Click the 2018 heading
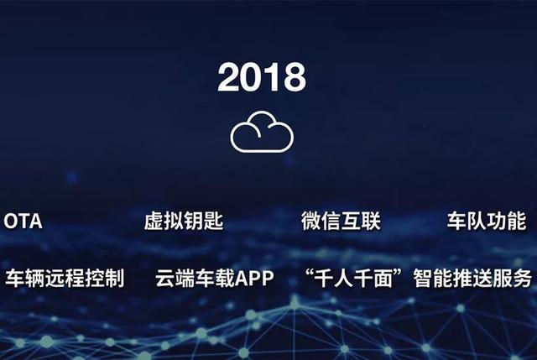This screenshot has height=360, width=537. click(262, 78)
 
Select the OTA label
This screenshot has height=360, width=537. click(23, 222)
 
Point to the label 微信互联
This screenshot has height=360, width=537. click(341, 222)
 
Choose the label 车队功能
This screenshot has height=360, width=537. click(487, 222)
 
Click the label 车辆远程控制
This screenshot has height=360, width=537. click(65, 278)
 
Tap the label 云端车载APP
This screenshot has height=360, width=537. click(215, 278)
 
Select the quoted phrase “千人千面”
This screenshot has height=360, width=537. click(357, 278)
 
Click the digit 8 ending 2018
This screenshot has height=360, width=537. click(294, 78)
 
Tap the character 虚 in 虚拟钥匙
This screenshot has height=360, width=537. click(154, 222)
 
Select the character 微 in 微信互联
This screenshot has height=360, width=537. click(311, 222)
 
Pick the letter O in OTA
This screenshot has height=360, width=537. click(12, 222)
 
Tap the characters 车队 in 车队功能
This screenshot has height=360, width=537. click(467, 222)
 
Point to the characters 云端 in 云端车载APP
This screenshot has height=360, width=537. click(175, 278)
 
